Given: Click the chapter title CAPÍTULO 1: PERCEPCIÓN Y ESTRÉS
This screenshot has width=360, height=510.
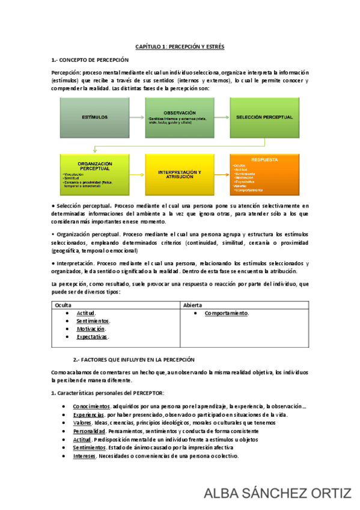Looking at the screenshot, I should pyautogui.click(x=180, y=46).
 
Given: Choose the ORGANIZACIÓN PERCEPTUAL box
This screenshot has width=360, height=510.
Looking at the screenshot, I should pyautogui.click(x=96, y=174).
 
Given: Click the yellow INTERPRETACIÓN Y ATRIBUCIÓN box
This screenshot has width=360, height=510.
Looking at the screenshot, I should pyautogui.click(x=180, y=174).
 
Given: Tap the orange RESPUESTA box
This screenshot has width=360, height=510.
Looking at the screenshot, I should pyautogui.click(x=264, y=174).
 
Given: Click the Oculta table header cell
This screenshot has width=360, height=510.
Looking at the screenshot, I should pyautogui.click(x=63, y=306).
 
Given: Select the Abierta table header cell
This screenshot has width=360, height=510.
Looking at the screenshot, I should pyautogui.click(x=193, y=306).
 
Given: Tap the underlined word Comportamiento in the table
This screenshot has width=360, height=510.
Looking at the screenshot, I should pyautogui.click(x=226, y=313).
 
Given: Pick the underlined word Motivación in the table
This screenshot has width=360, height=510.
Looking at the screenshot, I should pyautogui.click(x=91, y=329).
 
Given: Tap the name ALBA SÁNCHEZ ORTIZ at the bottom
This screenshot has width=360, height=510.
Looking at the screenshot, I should pyautogui.click(x=278, y=494).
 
